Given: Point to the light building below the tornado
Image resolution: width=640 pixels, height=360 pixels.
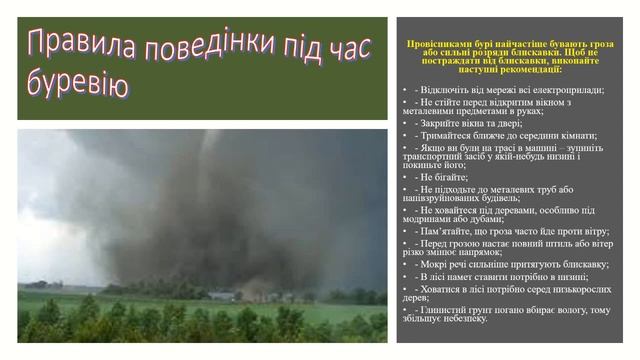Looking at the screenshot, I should pyautogui.click(x=222, y=296).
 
